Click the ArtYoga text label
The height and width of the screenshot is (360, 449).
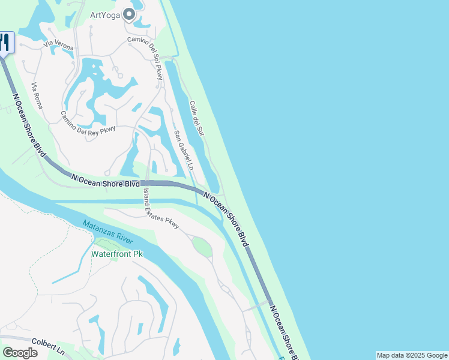pyautogui.click(x=104, y=15)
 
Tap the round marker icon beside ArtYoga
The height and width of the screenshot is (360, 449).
pyautogui.click(x=129, y=15)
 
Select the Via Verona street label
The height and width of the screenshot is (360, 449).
pyautogui.click(x=58, y=45)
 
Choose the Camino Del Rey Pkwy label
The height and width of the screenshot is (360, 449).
pyautogui.click(x=88, y=123)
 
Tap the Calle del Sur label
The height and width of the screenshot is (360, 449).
pyautogui.click(x=197, y=118)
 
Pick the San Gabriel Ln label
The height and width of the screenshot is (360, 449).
pyautogui.click(x=184, y=150)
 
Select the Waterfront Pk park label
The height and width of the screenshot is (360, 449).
pyautogui.click(x=117, y=254)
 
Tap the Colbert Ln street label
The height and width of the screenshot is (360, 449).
pyautogui.click(x=49, y=344)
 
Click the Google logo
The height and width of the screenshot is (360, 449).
pyautogui.click(x=20, y=353)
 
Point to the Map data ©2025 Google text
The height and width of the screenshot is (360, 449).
pyautogui.click(x=412, y=355)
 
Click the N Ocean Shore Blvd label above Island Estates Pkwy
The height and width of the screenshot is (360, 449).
pyautogui.click(x=105, y=181)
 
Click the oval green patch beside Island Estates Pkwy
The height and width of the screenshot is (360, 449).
pyautogui.click(x=202, y=247)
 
